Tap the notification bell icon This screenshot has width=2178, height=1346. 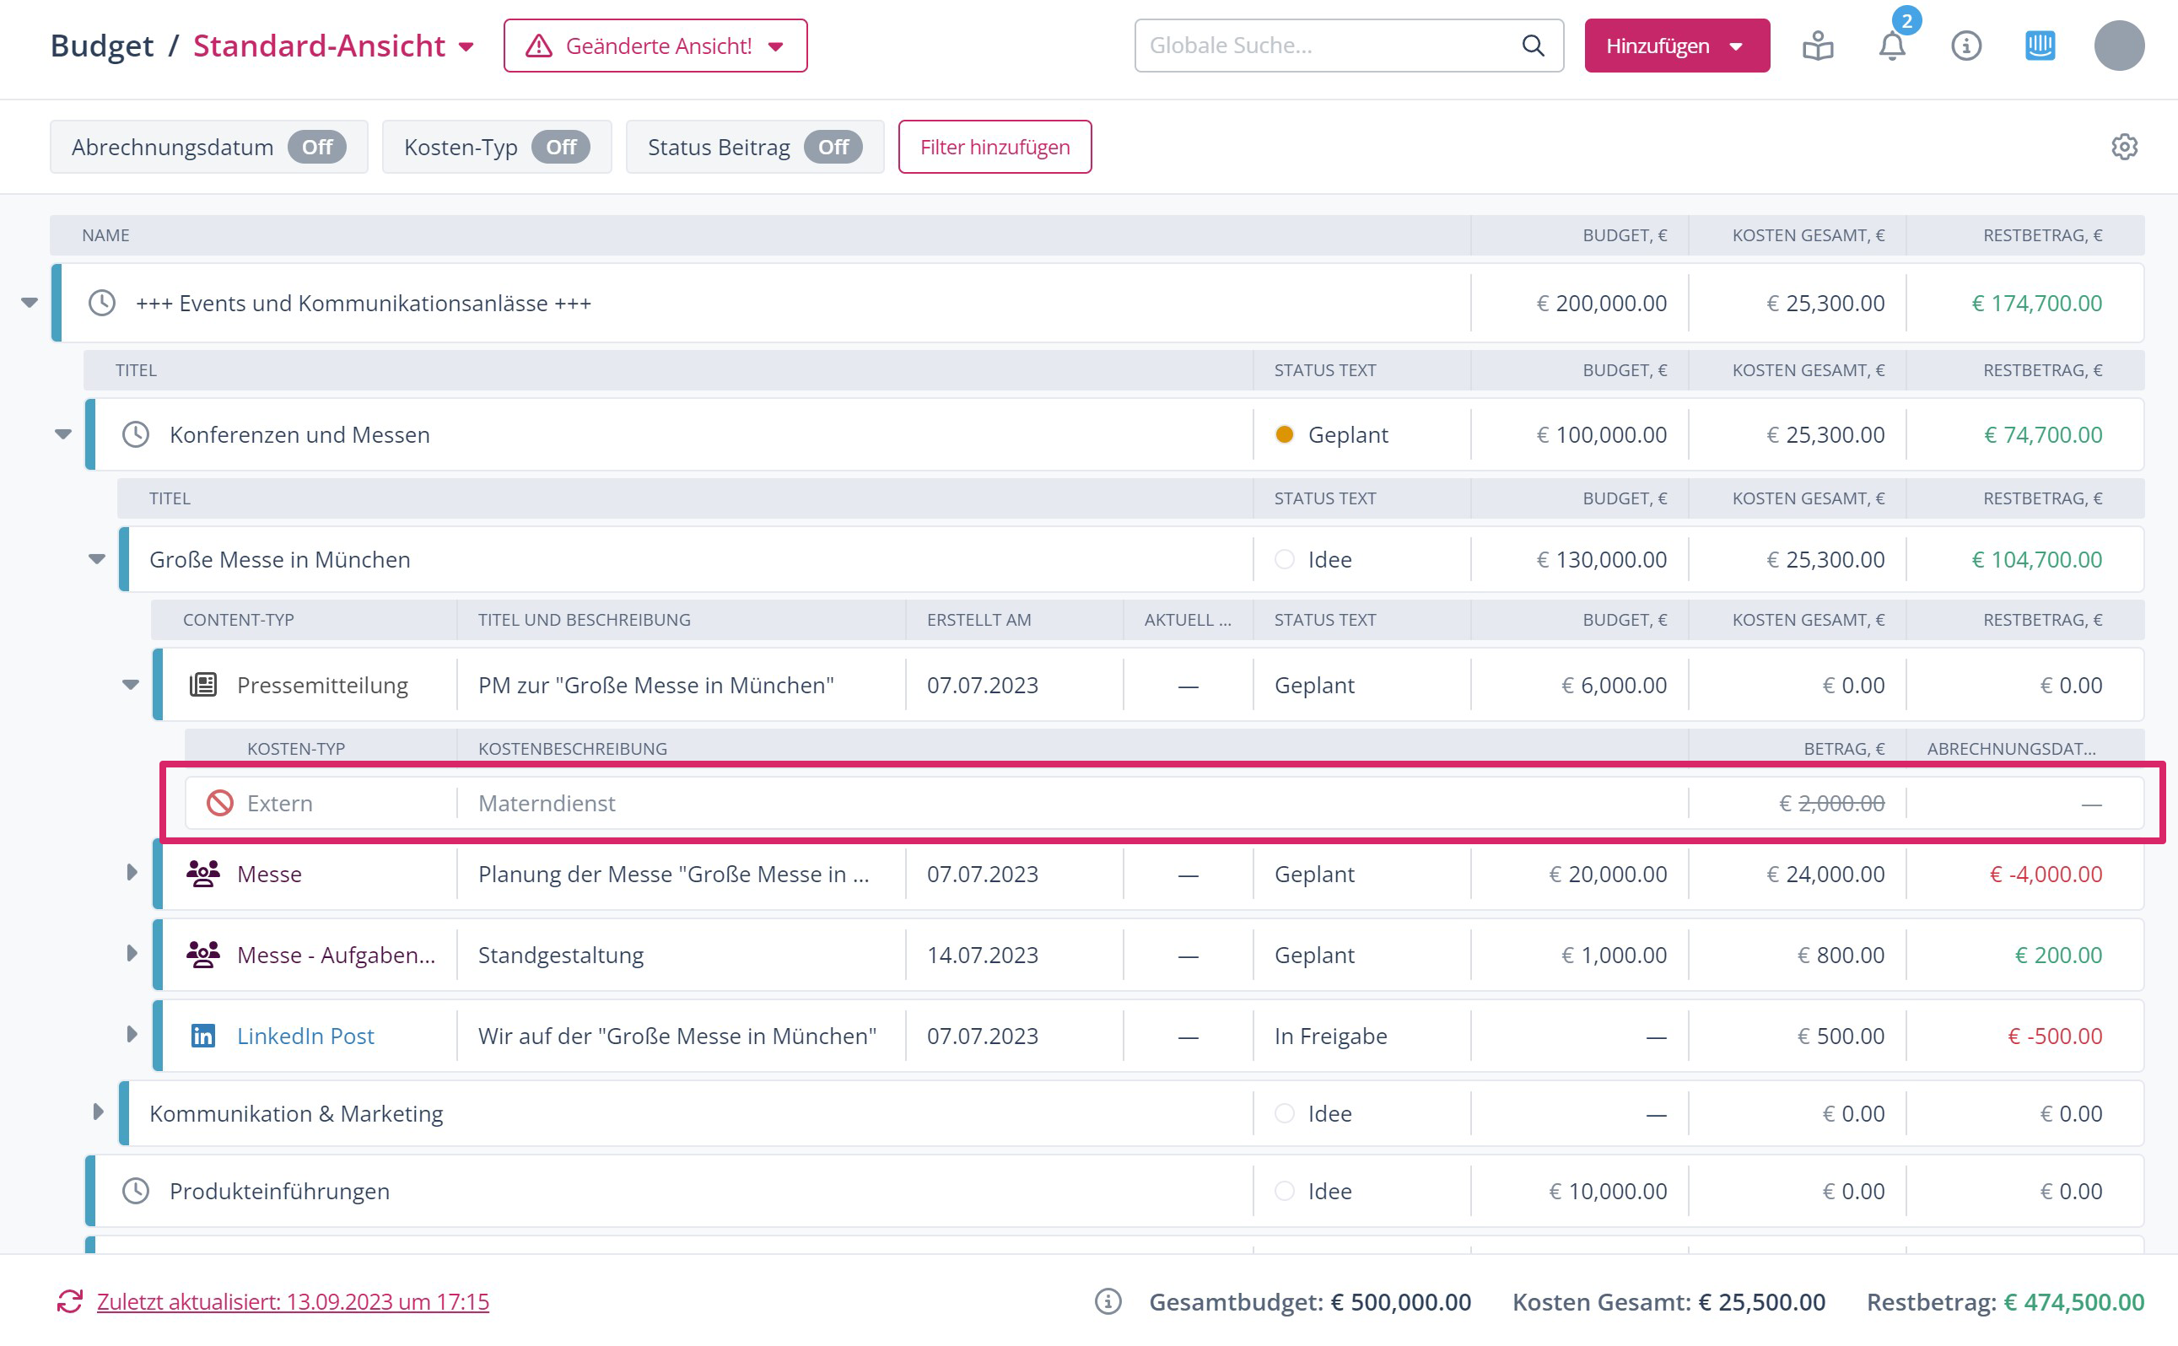[1891, 46]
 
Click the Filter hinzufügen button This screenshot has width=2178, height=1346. [994, 147]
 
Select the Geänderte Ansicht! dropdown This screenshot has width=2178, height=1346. [655, 46]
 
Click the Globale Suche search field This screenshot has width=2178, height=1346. [1331, 46]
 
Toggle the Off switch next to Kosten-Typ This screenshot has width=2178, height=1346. [560, 147]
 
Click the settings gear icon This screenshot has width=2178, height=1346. [2124, 147]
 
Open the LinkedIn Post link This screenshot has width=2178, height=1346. [305, 1036]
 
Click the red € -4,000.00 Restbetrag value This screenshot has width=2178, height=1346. [2046, 874]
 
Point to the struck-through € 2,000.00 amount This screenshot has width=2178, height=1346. [1831, 803]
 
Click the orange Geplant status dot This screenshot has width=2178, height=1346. [1284, 434]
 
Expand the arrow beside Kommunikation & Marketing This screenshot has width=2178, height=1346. [98, 1112]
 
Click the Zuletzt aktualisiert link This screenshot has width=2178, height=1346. [293, 1301]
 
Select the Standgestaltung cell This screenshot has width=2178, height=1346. [561, 955]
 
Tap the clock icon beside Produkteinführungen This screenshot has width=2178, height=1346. [135, 1191]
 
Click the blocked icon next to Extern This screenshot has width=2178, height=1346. [220, 803]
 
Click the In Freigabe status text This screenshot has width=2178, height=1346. [1330, 1036]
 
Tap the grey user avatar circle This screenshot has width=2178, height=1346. [2118, 46]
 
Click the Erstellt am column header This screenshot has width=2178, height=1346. [978, 620]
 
